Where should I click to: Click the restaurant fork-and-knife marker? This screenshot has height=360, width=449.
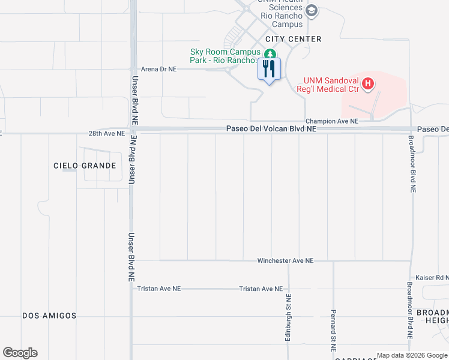[x=268, y=69]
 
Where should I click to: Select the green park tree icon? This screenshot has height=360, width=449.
[x=270, y=55]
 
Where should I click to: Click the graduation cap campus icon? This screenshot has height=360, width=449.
[x=312, y=11]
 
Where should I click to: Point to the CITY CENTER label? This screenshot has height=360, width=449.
[x=294, y=39]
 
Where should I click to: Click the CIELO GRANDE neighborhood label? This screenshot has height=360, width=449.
[x=85, y=166]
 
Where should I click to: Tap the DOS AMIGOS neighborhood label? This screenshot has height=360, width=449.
[x=49, y=316]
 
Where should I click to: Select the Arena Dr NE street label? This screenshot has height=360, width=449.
[x=159, y=69]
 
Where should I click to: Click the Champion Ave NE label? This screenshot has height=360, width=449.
[x=332, y=121]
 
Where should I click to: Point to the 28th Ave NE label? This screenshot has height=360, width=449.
[x=107, y=133]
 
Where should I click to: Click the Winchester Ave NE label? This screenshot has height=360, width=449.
[x=285, y=261]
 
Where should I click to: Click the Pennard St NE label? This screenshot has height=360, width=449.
[x=333, y=331]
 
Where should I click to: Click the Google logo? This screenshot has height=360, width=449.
[x=20, y=353]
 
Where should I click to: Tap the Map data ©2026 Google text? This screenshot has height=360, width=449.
[x=412, y=355]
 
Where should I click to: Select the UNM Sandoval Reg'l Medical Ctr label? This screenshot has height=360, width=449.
[x=331, y=85]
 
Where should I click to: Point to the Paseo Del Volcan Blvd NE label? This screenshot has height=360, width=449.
[x=271, y=129]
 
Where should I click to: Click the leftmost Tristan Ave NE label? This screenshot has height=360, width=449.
[x=159, y=289]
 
